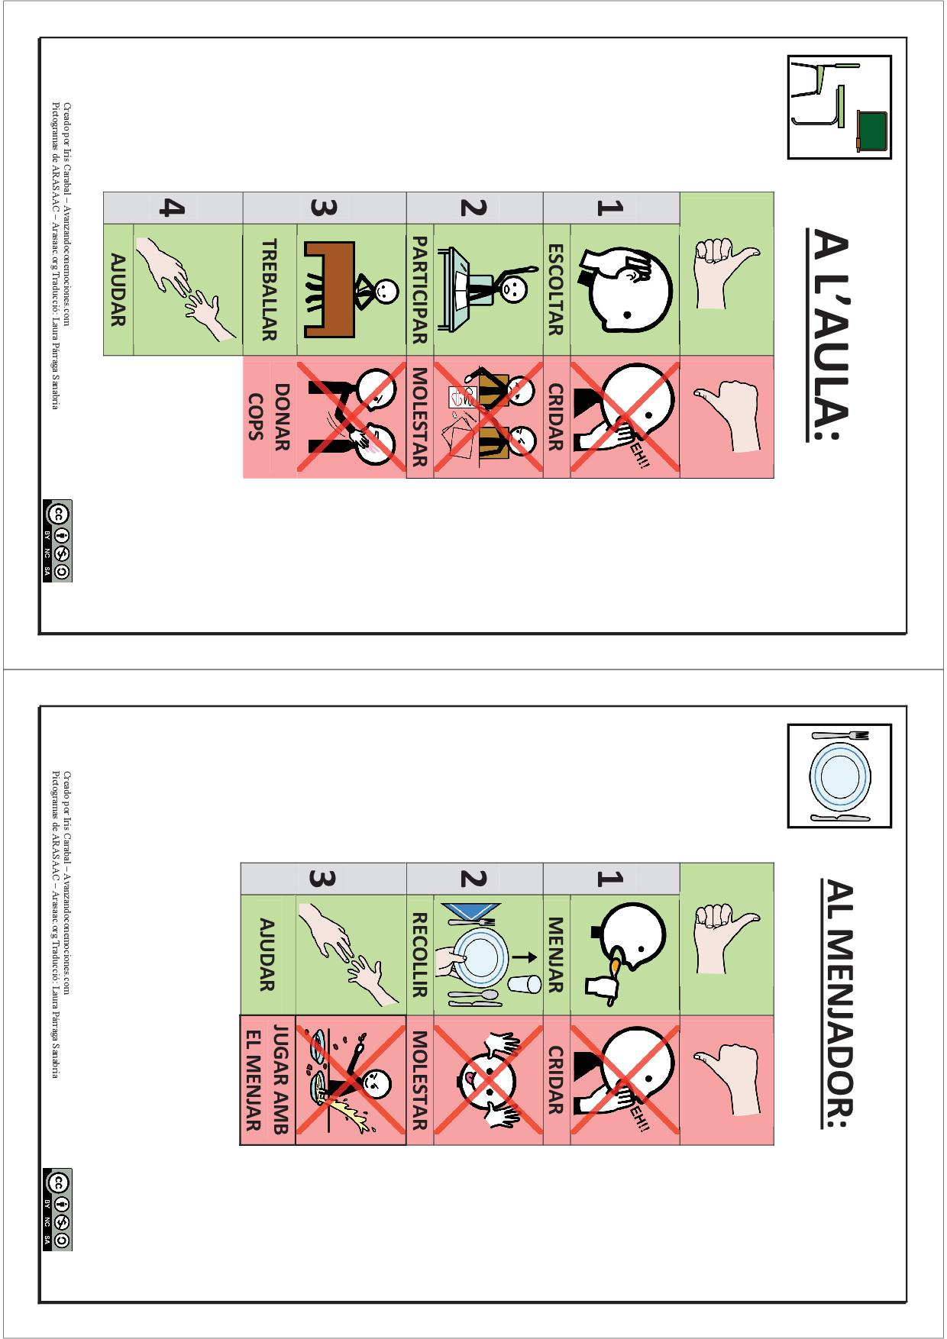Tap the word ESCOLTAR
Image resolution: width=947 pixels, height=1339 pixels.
click(556, 289)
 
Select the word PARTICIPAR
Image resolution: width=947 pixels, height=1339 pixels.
click(419, 289)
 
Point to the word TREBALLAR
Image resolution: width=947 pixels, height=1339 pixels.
click(269, 289)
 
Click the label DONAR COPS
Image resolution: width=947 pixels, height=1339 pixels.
click(268, 417)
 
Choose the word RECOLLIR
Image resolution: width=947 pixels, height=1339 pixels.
click(419, 955)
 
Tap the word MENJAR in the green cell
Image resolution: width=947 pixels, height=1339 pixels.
click(556, 954)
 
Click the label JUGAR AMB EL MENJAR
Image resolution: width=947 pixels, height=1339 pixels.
click(267, 1079)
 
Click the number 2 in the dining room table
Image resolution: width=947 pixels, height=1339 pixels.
click(473, 879)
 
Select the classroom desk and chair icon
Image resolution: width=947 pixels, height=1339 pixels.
click(839, 107)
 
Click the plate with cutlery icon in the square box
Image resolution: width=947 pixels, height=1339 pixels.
click(839, 776)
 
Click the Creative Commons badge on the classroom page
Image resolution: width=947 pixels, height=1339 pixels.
click(58, 541)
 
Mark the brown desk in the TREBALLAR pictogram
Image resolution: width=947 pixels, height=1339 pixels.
click(329, 289)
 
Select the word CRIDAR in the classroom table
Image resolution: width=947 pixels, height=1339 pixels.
click(556, 417)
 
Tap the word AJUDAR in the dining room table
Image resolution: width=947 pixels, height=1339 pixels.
click(267, 954)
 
